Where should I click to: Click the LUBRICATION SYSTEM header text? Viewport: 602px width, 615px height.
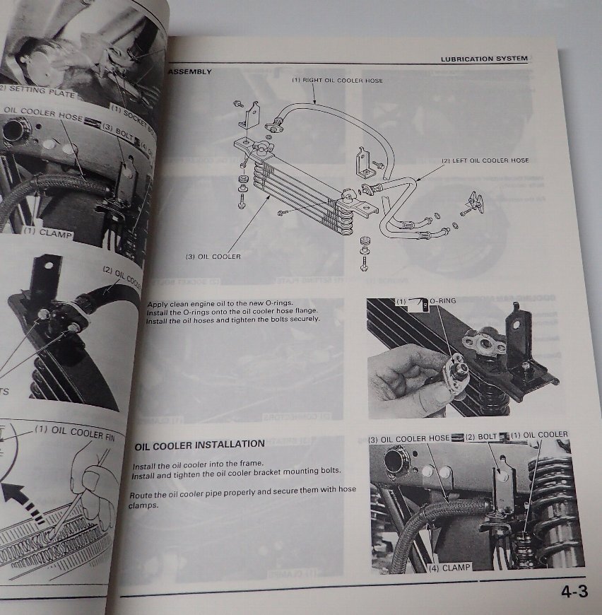[x=484, y=59]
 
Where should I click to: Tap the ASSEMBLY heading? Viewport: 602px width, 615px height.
[x=189, y=72]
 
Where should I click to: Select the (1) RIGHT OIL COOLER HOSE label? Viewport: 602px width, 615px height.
[x=338, y=81]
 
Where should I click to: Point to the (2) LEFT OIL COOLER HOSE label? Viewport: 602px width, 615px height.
[x=485, y=161]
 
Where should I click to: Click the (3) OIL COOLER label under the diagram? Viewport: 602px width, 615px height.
[x=213, y=257]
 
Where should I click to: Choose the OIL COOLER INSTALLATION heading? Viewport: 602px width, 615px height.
[x=199, y=445]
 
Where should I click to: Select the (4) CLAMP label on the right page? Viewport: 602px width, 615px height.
[x=449, y=566]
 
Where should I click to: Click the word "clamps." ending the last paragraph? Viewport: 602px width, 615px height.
[x=148, y=505]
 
